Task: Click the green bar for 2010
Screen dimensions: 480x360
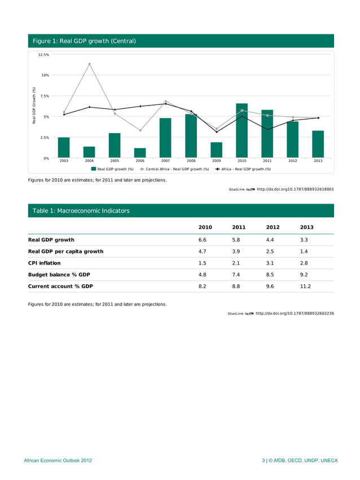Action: pyautogui.click(x=242, y=131)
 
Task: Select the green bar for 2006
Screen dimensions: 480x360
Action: pyautogui.click(x=140, y=153)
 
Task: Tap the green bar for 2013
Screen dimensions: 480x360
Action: pyautogui.click(x=318, y=144)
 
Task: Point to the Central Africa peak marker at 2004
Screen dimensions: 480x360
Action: pyautogui.click(x=89, y=64)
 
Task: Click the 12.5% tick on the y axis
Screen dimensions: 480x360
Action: pyautogui.click(x=43, y=55)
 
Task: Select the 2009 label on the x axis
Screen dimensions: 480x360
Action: pyautogui.click(x=216, y=161)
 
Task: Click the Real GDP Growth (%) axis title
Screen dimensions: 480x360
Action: pyautogui.click(x=34, y=106)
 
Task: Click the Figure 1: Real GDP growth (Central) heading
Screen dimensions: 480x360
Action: pyautogui.click(x=84, y=41)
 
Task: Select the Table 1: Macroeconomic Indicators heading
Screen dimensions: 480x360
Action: pyautogui.click(x=81, y=211)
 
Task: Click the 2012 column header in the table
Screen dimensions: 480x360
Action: pyautogui.click(x=273, y=227)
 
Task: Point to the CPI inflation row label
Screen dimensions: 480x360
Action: pyautogui.click(x=45, y=263)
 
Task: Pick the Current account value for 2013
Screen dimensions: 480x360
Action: pyautogui.click(x=307, y=287)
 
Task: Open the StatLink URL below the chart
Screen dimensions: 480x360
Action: pyautogui.click(x=295, y=190)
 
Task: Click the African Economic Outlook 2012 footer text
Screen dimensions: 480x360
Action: pyautogui.click(x=58, y=461)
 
